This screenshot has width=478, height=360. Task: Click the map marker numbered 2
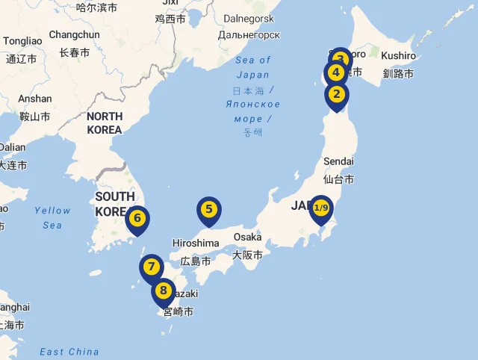(337, 95)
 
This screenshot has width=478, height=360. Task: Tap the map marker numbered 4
(335, 73)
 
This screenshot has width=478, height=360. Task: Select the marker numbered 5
(209, 211)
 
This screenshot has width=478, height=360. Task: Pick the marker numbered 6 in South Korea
(137, 220)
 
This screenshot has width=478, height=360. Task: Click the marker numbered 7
(152, 267)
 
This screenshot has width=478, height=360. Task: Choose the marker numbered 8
(164, 291)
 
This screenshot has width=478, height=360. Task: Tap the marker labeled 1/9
(321, 208)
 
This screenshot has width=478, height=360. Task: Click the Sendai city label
(338, 161)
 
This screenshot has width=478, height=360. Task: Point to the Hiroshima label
(196, 243)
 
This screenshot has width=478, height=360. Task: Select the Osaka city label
(247, 237)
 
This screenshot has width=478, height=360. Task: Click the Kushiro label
(398, 56)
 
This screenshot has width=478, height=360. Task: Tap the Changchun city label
(74, 34)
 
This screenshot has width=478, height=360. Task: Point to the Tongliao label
(22, 41)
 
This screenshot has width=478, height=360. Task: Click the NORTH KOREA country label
(105, 123)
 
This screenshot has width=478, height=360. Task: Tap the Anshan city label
(34, 99)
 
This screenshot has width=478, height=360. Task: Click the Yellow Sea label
(52, 217)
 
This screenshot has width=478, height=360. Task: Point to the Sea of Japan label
(252, 67)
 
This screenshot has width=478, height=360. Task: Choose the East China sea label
(69, 352)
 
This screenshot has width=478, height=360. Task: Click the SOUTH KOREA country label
(114, 203)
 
